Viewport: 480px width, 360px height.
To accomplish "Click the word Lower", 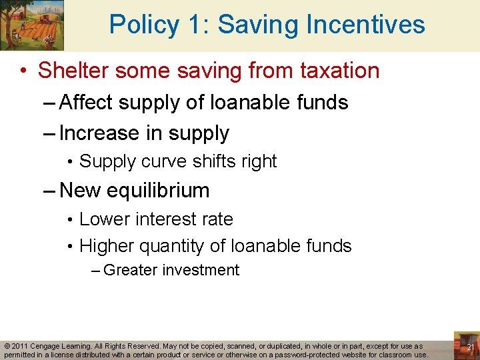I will pos(100,219).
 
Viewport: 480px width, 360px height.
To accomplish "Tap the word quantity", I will pos(169,247).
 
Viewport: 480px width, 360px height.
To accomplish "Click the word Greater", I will pos(130,271).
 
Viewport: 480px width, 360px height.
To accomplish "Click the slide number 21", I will pos(470,347).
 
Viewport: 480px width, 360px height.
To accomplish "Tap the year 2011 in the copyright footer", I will pos(20,347).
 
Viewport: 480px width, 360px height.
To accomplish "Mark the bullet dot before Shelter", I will pos(23,71).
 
